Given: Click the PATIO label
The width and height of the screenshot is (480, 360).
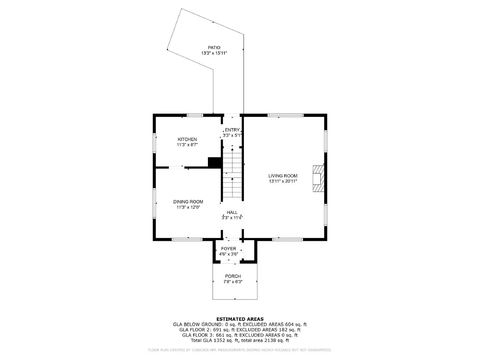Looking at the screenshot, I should point(214,47).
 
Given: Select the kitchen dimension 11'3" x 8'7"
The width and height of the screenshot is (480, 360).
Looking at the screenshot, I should point(187,145).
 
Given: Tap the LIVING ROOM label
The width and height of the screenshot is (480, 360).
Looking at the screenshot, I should point(283,176).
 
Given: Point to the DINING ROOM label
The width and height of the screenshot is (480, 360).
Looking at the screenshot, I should point(188,202).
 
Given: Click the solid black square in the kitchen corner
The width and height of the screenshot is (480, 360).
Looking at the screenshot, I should point(214,162).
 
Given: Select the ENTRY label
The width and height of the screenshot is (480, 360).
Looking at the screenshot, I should point(232,130).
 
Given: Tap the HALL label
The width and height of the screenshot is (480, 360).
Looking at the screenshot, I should point(232,212).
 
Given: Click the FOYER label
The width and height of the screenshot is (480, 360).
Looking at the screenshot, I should point(229,249).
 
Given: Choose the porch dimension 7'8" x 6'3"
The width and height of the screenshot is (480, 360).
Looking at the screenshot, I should point(233,282).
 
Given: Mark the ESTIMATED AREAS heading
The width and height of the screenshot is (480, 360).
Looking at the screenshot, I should point(240,319).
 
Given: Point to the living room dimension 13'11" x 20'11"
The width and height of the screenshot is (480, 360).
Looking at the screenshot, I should point(283,181).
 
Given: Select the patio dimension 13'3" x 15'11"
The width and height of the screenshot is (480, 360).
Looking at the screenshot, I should point(214,53).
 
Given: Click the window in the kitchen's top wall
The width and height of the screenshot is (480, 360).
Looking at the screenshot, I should point(195,115).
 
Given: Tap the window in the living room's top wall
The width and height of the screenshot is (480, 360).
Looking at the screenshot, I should point(285,115).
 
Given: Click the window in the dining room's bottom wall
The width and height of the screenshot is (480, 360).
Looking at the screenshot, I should point(187,239).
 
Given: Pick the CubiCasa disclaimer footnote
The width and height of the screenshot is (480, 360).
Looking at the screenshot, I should point(240,350).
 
